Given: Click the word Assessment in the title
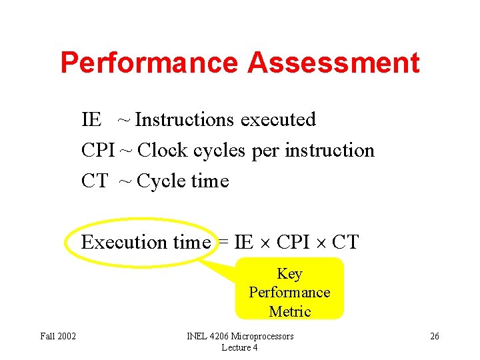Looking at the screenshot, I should pos(333,63).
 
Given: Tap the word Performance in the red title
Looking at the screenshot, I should pos(149,63).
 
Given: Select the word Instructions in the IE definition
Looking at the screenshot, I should pos(185,120).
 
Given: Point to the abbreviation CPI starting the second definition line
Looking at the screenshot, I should pos(98,151).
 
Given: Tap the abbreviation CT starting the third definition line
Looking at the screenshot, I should pos(94,181).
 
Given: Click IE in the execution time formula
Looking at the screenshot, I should pos(243,242).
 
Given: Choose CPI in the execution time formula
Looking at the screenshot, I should pos(293,242).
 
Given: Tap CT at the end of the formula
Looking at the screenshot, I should pos(345,242).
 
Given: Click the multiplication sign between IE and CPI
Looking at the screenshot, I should pos(265,243).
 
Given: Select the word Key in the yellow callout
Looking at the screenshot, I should pos(289,274).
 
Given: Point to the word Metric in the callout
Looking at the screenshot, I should pos(290,311).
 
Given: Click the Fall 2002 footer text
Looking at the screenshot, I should pos(57,336).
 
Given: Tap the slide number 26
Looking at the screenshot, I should pos(434,336).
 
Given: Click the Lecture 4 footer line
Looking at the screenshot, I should pos(240,347).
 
